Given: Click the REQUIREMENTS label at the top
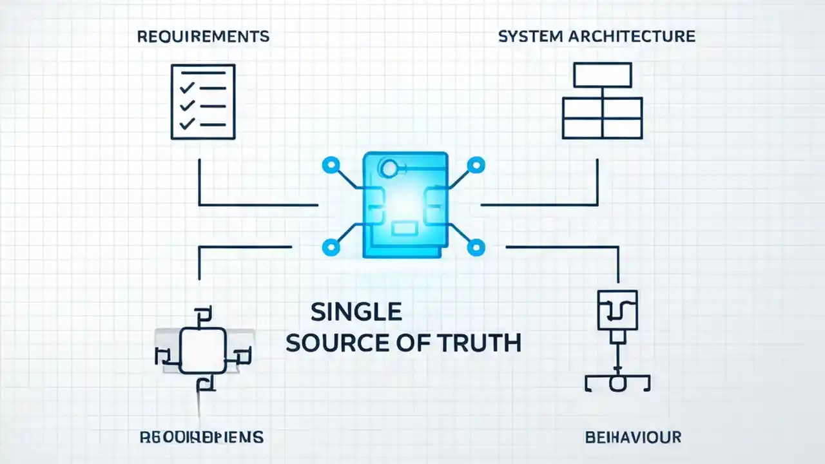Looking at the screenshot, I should coord(203,36).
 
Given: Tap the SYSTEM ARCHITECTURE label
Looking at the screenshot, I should coord(597,36).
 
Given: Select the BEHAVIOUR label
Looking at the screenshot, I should coord(633,438).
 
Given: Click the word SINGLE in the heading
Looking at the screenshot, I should coord(356,312).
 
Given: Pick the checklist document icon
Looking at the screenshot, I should coord(203,102).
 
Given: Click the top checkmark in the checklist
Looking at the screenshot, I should coord(187,88).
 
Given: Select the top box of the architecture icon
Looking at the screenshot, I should coord(603,75).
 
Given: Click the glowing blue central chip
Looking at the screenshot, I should coord(405,205).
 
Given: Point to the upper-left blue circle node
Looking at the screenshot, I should coord(331,165).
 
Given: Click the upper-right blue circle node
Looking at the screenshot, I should coord(476,165).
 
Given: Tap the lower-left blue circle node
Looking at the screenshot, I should coord(331,246).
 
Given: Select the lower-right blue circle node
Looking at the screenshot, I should coord(476,246).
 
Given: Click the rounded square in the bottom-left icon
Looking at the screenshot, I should coord(203,350).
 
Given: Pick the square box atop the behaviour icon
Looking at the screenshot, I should coord(617,310).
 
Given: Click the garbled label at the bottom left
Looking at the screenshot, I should coord(201,438).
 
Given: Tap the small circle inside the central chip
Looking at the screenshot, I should coord(389,169).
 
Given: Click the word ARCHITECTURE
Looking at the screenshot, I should coord(632,36).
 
